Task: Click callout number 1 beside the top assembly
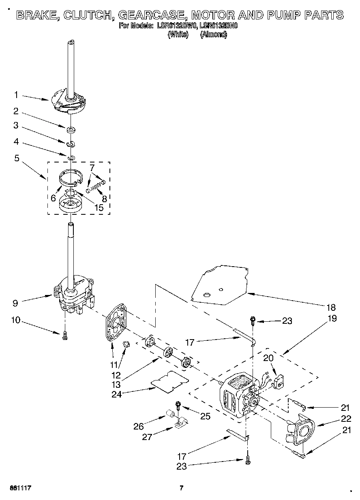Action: (16, 95)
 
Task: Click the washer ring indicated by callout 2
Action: (71, 130)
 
